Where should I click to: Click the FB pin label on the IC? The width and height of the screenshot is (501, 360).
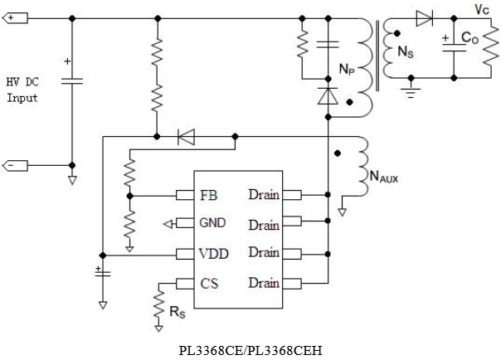pyautogui.click(x=209, y=196)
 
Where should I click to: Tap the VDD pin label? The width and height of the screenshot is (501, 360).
pyautogui.click(x=214, y=252)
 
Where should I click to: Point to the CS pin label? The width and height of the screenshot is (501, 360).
pyautogui.click(x=209, y=284)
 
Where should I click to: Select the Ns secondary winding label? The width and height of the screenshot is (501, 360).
pyautogui.click(x=406, y=52)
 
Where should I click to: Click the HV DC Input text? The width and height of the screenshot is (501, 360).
pyautogui.click(x=22, y=90)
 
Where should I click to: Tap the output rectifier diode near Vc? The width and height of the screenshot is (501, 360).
pyautogui.click(x=425, y=17)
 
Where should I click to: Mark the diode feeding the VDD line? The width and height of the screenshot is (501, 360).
pyautogui.click(x=187, y=136)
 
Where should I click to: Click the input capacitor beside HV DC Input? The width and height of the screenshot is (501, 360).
pyautogui.click(x=72, y=80)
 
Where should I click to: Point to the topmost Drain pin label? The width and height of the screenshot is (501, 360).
pyautogui.click(x=264, y=195)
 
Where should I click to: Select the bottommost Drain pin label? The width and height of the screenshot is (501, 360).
pyautogui.click(x=264, y=284)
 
